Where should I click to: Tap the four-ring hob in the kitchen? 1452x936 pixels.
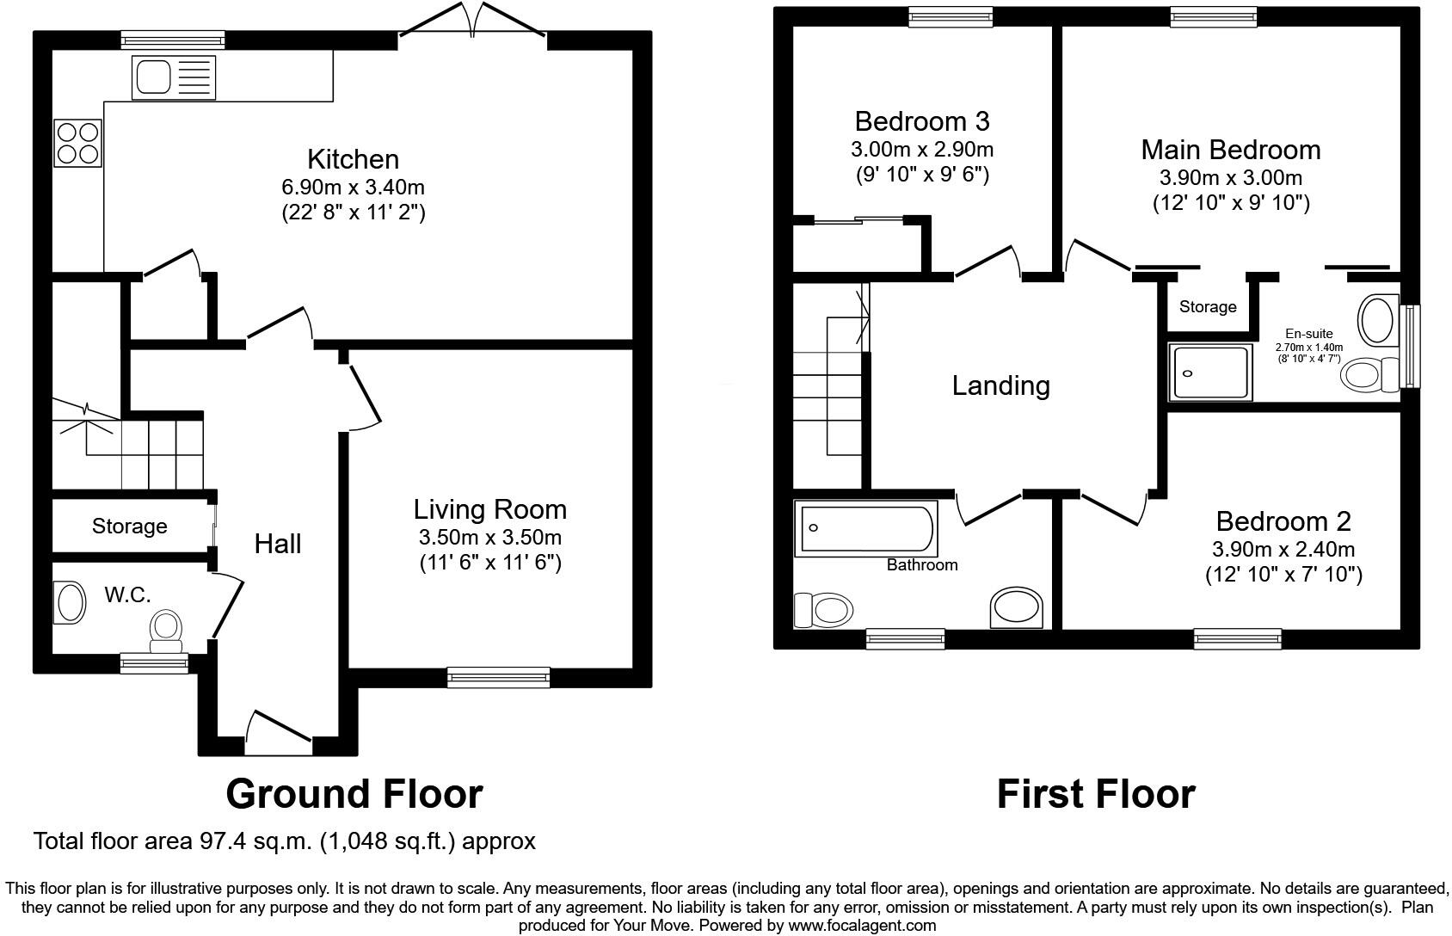pos(77,143)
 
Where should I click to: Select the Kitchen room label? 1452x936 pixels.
pos(353,159)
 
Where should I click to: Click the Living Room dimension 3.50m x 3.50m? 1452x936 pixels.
pos(489,538)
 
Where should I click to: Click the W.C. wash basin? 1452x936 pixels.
pos(70,601)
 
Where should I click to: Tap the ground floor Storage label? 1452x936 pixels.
pos(129,526)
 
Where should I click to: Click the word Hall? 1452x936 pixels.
pos(277,544)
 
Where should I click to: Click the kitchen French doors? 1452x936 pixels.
pos(472,23)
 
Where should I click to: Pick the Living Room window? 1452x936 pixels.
pos(498,678)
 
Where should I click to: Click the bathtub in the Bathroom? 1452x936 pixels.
pos(866,529)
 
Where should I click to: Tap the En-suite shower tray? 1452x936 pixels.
pos(1209,373)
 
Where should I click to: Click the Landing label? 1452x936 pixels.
pos(1000,385)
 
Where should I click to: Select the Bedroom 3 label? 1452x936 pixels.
pos(921,120)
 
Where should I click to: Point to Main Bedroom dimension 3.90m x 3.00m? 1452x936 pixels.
pos(1230,178)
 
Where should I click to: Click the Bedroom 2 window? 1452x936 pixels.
pos(1236,638)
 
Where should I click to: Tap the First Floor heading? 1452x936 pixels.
pos(1095,793)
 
